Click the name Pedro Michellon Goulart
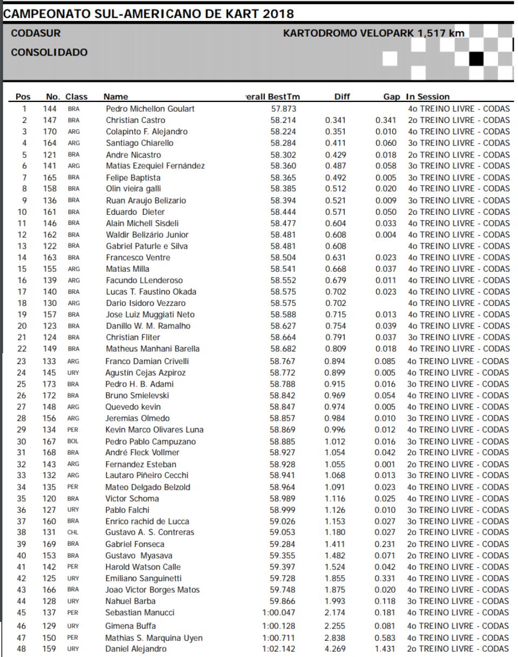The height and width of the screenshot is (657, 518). [x=150, y=109]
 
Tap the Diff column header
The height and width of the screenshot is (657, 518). [x=342, y=97]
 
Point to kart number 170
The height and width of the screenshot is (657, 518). [x=50, y=132]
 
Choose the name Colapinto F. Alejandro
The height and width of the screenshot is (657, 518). [x=146, y=132]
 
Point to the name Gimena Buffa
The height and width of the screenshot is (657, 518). [x=129, y=627]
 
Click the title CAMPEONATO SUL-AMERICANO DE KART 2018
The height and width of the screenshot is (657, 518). [x=148, y=13]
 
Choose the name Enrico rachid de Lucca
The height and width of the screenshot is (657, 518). [x=147, y=522]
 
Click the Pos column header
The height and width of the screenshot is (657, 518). [x=23, y=97]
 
